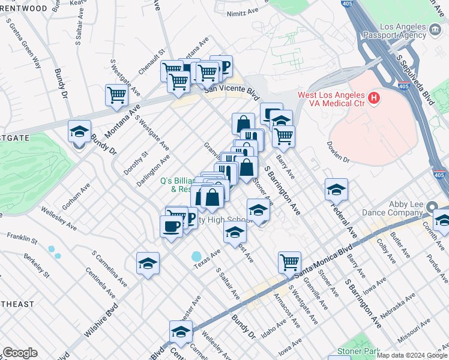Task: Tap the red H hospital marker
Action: point(375,97)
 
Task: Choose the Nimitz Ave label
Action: point(243,13)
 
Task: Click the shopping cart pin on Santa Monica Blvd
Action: point(289,262)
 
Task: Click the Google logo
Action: point(20,353)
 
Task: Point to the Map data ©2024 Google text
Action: point(412,355)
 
